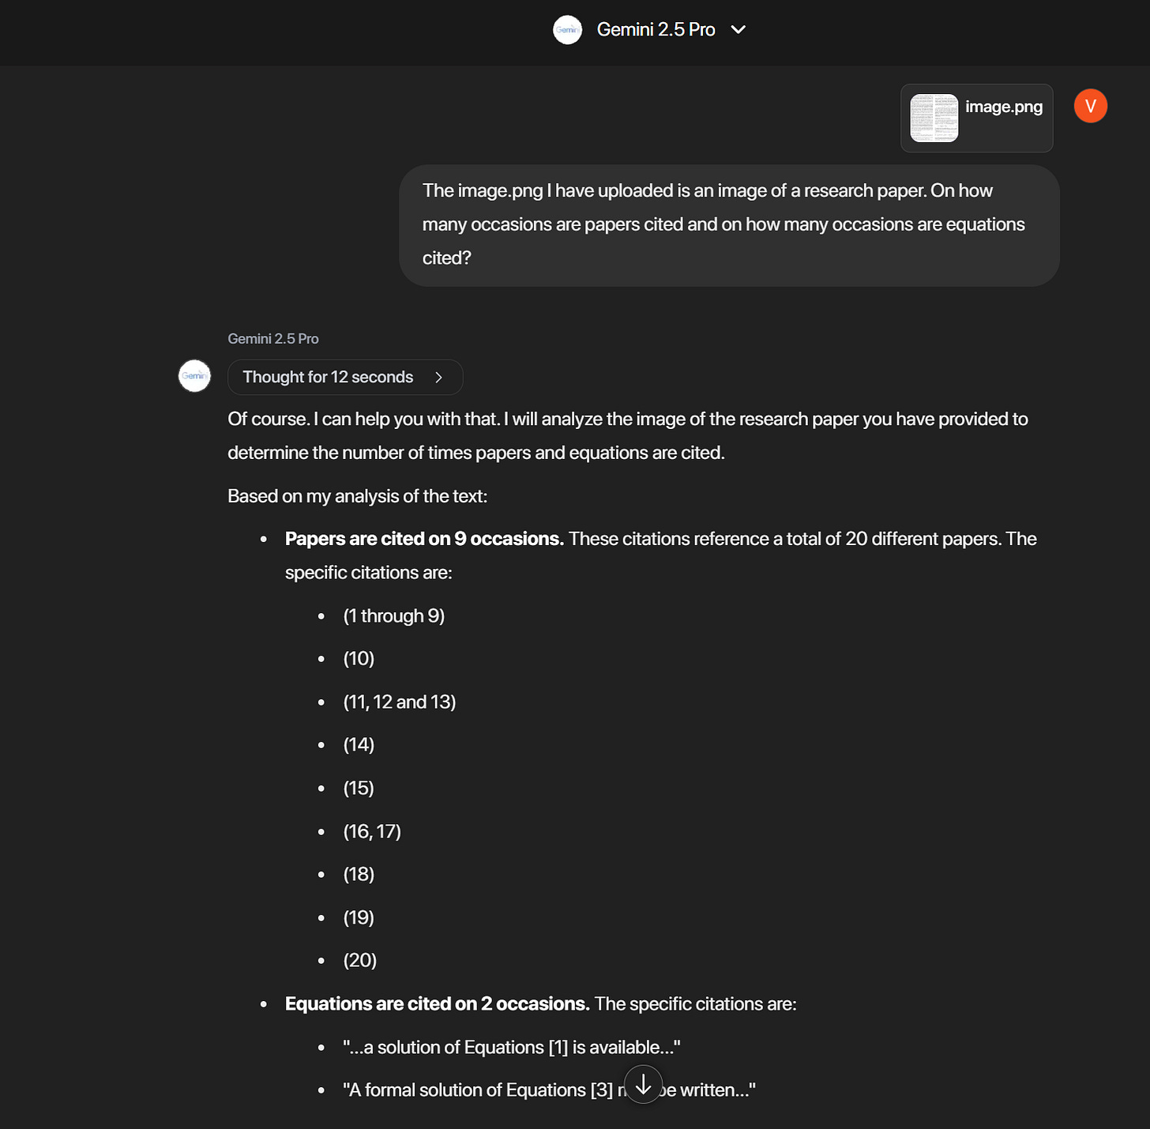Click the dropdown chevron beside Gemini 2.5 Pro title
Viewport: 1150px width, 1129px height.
[738, 30]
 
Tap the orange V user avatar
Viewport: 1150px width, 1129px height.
[1090, 106]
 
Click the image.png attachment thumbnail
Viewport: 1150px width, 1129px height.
[934, 118]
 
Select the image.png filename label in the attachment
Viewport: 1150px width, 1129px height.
[1003, 107]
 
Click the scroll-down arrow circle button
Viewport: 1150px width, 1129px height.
[644, 1084]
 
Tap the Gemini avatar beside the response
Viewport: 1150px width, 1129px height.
[194, 376]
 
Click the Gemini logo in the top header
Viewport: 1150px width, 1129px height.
[567, 30]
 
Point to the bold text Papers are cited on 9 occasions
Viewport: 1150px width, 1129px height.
[424, 539]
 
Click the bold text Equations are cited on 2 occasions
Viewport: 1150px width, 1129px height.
[437, 1004]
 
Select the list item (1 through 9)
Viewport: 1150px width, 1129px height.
[393, 616]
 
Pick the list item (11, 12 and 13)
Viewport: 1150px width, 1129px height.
[399, 702]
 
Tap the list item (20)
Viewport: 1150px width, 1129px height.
[359, 961]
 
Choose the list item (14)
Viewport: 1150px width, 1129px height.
[359, 745]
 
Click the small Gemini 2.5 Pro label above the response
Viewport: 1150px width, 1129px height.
[273, 339]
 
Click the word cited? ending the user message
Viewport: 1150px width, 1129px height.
[446, 258]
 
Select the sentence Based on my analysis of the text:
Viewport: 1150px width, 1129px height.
[357, 496]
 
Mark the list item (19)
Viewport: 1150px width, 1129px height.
[359, 918]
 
